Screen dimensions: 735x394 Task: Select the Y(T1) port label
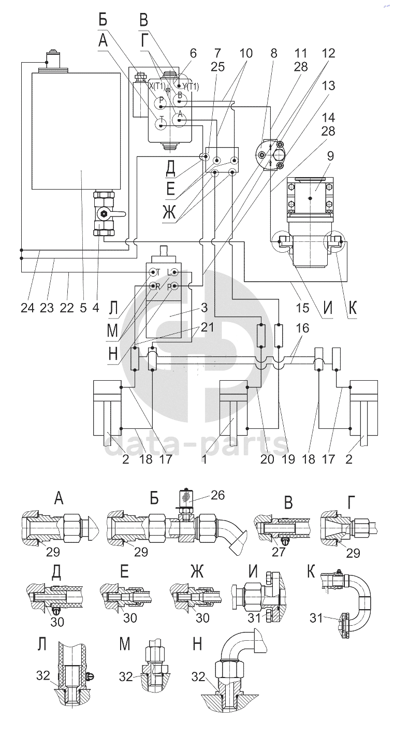(188, 86)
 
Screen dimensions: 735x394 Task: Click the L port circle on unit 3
(175, 272)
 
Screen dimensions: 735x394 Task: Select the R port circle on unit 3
(153, 285)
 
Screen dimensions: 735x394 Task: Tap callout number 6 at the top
(193, 53)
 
